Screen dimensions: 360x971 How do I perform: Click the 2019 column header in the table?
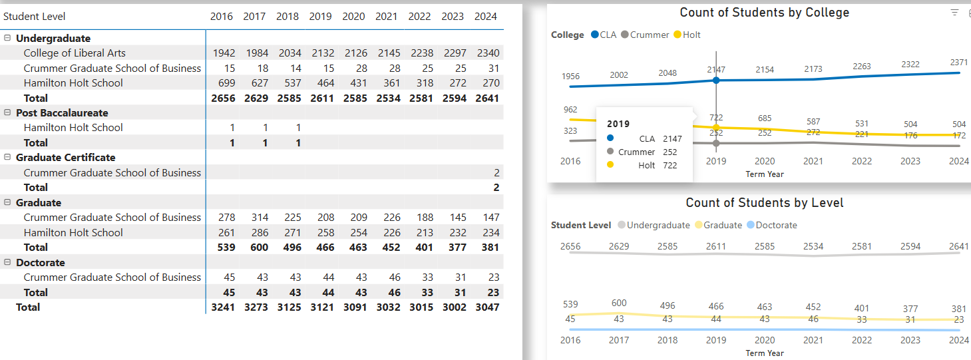click(x=320, y=17)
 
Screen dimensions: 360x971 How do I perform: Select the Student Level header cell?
click(x=35, y=17)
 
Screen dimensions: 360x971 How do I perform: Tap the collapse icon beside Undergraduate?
click(x=7, y=39)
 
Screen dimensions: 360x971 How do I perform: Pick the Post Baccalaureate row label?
click(x=62, y=113)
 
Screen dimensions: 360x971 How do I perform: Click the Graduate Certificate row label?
click(x=65, y=158)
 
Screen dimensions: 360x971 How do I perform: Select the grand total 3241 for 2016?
click(x=222, y=307)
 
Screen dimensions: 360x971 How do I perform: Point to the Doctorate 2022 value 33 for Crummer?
click(x=427, y=277)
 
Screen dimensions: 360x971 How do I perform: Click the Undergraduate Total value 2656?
click(x=222, y=98)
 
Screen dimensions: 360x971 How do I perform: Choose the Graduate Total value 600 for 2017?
click(x=259, y=248)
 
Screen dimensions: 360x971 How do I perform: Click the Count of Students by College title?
click(x=764, y=13)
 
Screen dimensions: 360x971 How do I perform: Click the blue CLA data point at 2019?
click(x=716, y=80)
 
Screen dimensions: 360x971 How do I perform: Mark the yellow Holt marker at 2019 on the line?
click(x=716, y=127)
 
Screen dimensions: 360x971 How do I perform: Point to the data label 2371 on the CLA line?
click(x=959, y=62)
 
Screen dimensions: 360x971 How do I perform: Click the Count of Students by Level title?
click(x=764, y=203)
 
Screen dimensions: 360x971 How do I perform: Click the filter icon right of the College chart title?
click(x=954, y=13)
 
